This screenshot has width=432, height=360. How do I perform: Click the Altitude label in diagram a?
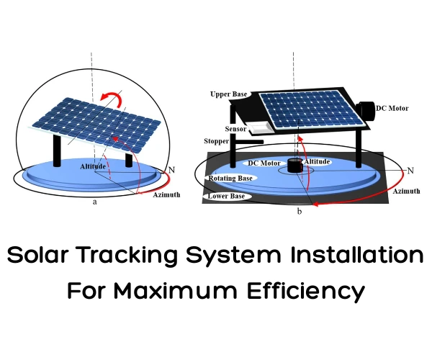94,166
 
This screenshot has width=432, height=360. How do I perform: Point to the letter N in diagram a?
171,170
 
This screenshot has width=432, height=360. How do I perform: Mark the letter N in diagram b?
410,171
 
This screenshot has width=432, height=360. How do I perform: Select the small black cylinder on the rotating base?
293,166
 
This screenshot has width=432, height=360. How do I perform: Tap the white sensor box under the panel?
256,128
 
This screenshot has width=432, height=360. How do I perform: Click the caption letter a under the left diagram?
95,202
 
